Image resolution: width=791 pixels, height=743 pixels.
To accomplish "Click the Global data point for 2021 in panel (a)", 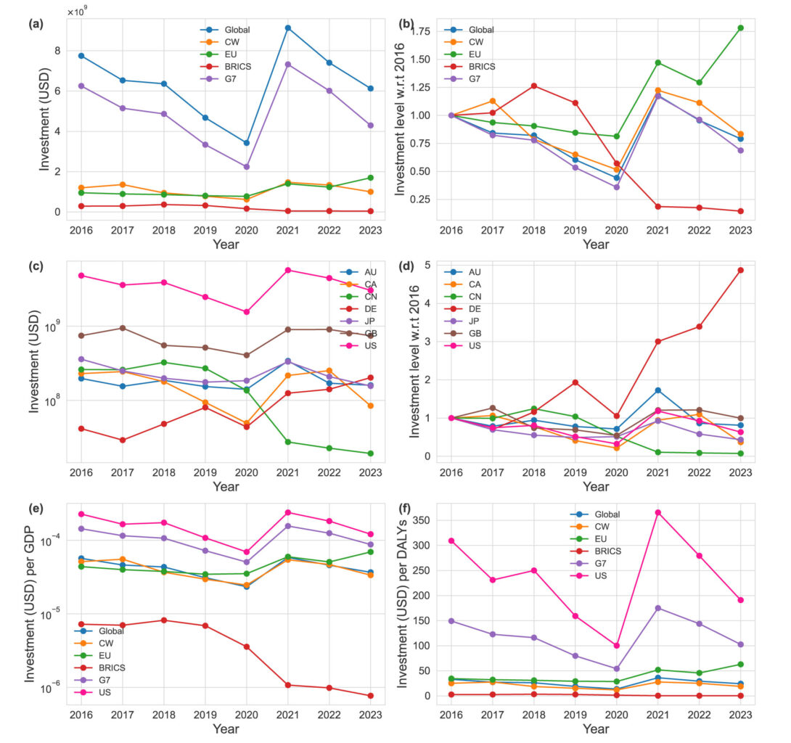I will click(288, 28).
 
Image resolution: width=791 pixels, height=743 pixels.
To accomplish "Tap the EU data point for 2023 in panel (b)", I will click(740, 28).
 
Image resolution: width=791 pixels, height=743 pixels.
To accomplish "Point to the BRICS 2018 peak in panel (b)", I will click(534, 86).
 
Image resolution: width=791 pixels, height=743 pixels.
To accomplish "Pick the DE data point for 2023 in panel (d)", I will click(740, 271).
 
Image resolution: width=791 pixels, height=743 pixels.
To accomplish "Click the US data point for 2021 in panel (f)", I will click(658, 512).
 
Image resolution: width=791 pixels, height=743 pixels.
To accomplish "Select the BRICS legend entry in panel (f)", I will click(607, 551).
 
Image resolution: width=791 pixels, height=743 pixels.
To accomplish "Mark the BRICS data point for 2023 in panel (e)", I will click(370, 696).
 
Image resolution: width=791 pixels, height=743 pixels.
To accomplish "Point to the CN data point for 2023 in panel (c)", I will click(370, 453).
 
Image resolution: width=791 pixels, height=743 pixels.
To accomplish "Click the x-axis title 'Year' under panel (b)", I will click(597, 245).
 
